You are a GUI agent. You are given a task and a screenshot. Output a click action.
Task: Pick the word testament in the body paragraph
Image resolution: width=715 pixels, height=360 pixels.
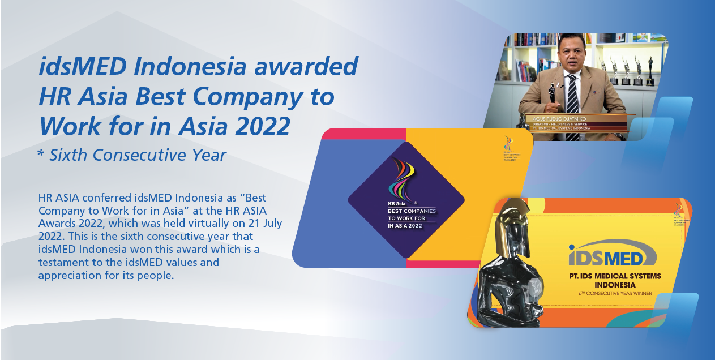pyautogui.click(x=63, y=263)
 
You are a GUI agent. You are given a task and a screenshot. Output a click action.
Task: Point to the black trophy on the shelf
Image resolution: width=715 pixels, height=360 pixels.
pyautogui.click(x=650, y=71)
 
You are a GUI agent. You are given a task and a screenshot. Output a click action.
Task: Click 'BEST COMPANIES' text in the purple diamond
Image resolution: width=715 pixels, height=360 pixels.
pyautogui.click(x=412, y=211)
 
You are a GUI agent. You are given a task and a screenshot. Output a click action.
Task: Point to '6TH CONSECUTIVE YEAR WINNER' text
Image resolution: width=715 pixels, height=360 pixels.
pyautogui.click(x=615, y=293)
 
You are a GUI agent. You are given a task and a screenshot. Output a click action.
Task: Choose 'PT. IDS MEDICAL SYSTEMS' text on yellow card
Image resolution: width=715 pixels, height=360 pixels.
pyautogui.click(x=615, y=276)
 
